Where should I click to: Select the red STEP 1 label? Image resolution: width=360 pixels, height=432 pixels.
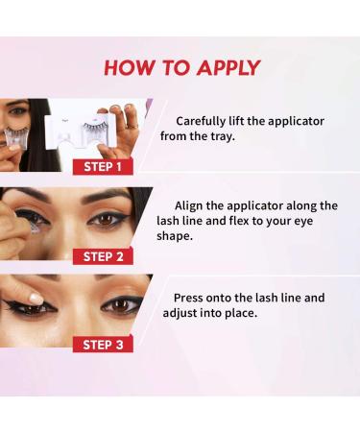pos(102,166)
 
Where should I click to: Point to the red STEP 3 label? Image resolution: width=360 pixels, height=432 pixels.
pos(102,345)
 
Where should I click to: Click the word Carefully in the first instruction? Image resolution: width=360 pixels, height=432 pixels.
pos(205,122)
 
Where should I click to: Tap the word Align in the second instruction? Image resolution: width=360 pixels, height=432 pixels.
pos(194,205)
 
